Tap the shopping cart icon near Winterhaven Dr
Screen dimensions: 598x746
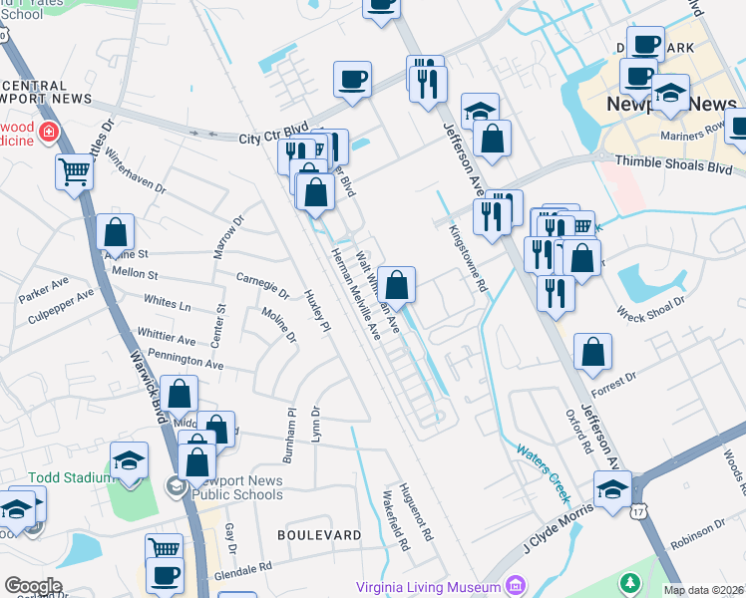pos(75,171)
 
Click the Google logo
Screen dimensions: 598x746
pos(33,585)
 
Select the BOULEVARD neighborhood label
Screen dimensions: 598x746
pos(319,535)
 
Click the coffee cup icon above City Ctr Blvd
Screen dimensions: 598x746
pos(352,80)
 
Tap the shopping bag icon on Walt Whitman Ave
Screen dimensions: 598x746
pos(396,284)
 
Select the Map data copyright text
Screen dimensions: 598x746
pos(703,590)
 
